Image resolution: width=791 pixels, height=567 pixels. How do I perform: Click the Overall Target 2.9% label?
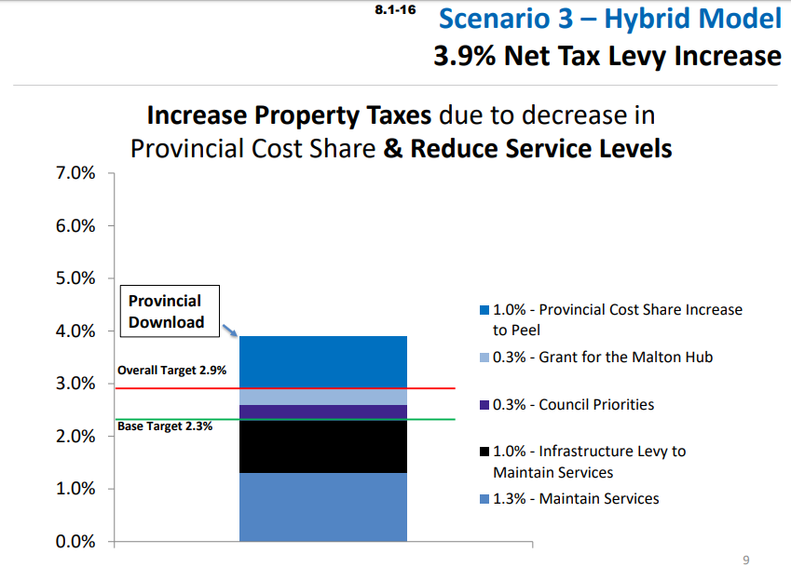pos(171,371)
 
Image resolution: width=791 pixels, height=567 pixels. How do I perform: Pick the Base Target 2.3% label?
pos(165,426)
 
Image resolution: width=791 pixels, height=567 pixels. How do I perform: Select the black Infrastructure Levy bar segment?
pos(322,447)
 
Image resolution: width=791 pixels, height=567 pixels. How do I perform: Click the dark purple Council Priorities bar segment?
pos(322,412)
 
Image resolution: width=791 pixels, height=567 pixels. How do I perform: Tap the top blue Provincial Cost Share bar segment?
pos(322,361)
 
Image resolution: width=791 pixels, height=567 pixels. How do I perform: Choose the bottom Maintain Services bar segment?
pos(322,506)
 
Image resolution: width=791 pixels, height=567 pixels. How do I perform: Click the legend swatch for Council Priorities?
pos(484,405)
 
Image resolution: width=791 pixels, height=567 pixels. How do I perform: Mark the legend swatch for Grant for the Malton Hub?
pos(484,358)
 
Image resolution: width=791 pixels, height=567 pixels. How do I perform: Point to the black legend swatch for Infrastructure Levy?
pos(484,452)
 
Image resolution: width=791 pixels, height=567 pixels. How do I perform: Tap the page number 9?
pos(745,560)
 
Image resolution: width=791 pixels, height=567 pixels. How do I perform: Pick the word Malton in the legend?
pos(634,358)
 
